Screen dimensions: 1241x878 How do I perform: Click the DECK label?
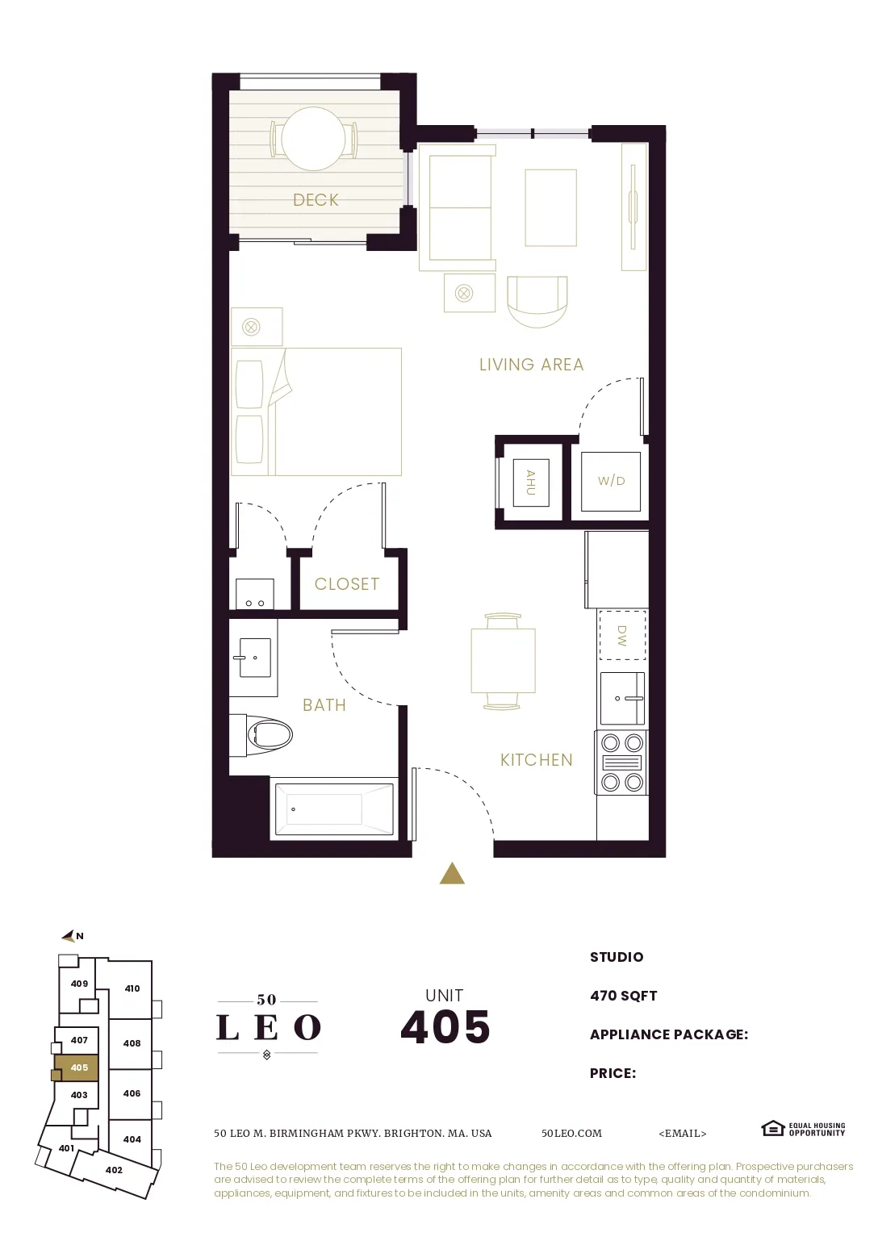click(316, 200)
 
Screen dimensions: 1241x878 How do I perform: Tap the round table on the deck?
click(313, 139)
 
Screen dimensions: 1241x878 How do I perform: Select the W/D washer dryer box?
click(611, 481)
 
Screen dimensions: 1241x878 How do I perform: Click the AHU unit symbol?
click(530, 482)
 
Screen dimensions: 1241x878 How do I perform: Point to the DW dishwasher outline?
click(621, 636)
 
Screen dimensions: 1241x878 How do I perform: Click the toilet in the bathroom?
click(266, 734)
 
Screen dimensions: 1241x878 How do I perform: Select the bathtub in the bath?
click(334, 809)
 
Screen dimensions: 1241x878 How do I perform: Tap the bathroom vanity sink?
click(254, 658)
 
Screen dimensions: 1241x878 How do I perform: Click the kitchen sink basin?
click(622, 698)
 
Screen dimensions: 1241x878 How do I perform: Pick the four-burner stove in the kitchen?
click(622, 763)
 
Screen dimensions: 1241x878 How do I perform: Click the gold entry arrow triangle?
click(452, 874)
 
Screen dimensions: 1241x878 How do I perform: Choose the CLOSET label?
click(347, 584)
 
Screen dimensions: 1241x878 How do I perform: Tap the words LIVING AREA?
click(531, 365)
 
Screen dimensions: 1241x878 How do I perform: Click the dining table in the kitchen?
click(503, 661)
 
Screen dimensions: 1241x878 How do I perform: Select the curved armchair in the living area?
click(537, 300)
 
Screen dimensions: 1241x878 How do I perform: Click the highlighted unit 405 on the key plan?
click(78, 1068)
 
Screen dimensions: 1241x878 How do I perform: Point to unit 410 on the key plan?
click(132, 988)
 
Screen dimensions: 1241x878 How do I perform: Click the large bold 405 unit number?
click(445, 1027)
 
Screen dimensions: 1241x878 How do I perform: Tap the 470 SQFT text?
click(623, 996)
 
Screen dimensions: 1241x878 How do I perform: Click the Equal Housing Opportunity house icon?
click(772, 1128)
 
